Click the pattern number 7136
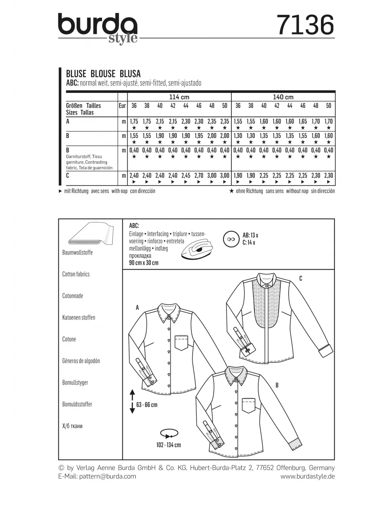305,25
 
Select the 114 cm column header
179,97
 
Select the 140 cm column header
283,97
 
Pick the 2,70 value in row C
199,175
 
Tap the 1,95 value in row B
199,136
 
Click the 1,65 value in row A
302,121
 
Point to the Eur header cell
122,106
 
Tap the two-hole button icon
231,239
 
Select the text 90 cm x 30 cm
144,263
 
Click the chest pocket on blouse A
181,342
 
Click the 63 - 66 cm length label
146,405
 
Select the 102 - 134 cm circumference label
168,445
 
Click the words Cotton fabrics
76,274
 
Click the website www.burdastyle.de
307,476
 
